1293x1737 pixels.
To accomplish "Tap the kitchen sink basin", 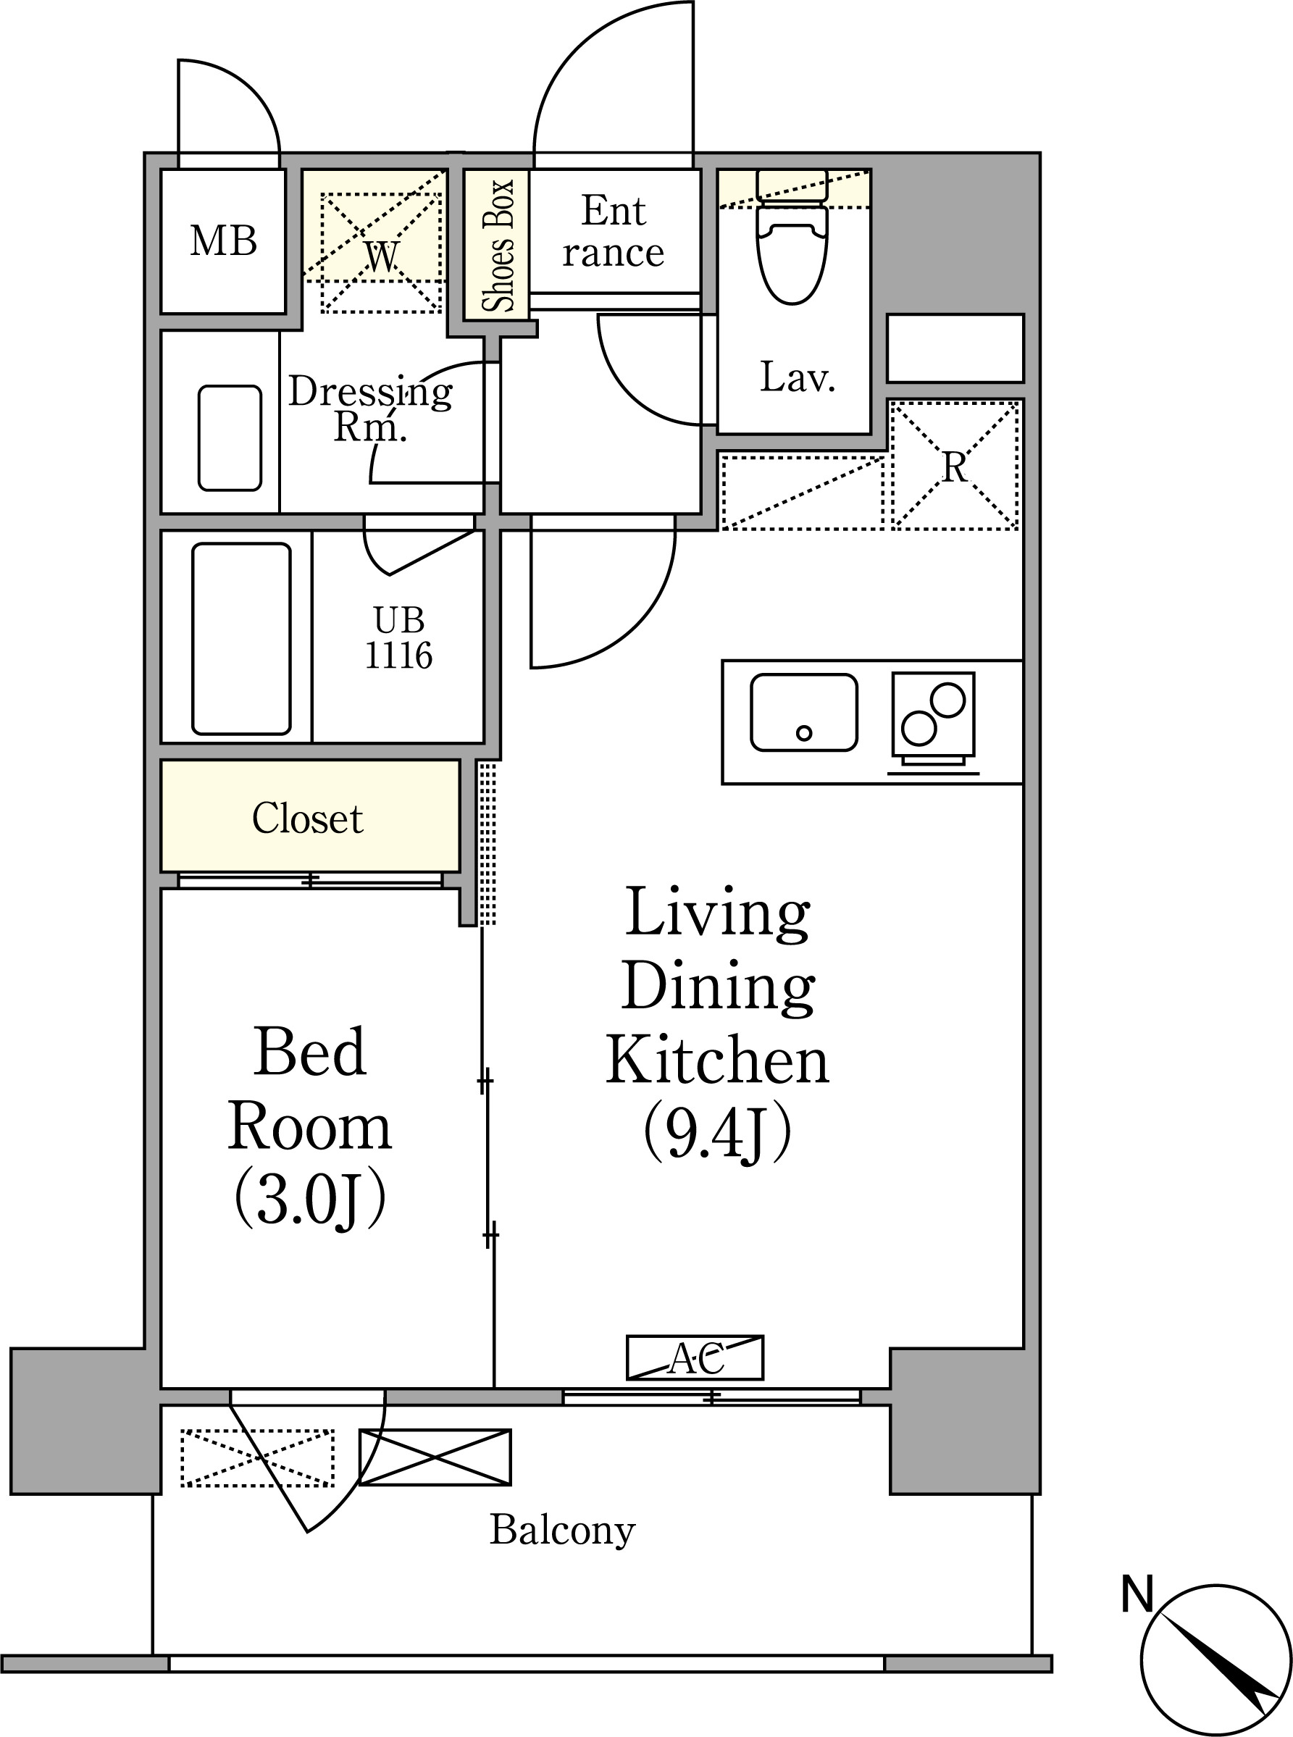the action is (804, 712).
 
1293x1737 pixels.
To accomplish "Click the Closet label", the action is (308, 819).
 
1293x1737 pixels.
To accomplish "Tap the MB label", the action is (224, 240).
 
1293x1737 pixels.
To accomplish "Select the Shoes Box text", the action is (498, 245).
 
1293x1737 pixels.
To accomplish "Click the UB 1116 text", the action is (398, 638).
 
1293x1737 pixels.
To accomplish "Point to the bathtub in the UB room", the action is (241, 639).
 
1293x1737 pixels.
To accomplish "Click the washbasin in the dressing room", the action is (230, 438).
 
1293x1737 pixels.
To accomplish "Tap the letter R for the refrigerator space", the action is (954, 467).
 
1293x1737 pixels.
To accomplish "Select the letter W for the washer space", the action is (382, 256).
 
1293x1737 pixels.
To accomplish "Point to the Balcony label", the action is (562, 1531).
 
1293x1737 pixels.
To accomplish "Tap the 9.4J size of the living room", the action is (718, 1131).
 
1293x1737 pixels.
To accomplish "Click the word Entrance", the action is (614, 232).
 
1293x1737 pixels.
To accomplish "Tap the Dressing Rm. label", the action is (370, 409).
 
